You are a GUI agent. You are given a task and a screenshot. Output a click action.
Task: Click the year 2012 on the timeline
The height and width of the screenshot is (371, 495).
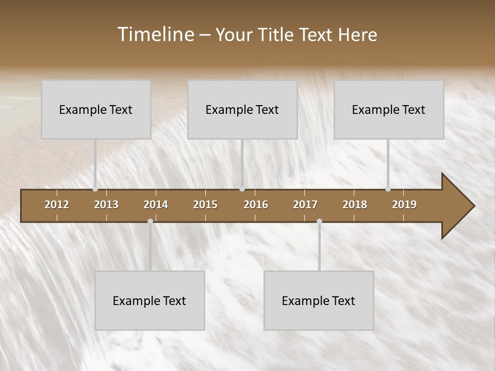57,205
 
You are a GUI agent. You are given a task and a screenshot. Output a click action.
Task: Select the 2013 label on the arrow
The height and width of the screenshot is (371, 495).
106,205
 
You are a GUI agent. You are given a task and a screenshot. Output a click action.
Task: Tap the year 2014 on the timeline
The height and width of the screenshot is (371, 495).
156,205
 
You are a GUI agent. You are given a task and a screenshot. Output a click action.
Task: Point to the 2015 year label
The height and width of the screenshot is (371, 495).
205,205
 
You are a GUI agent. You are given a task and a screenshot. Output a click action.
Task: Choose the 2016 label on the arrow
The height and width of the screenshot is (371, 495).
256,205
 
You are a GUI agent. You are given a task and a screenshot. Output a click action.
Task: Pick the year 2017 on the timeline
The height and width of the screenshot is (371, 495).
305,205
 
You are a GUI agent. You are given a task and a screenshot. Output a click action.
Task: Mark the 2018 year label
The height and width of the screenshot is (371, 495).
355,205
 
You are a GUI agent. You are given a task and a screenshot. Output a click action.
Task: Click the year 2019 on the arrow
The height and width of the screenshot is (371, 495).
404,205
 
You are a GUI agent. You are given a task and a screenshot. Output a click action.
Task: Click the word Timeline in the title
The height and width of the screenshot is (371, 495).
155,35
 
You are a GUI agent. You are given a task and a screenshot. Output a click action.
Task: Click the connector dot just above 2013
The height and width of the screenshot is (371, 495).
95,189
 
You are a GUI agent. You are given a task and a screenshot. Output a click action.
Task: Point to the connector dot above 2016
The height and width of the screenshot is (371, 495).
242,189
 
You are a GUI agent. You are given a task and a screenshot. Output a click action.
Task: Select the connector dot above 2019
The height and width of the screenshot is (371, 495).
388,189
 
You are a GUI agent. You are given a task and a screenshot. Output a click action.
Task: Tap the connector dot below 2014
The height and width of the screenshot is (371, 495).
150,222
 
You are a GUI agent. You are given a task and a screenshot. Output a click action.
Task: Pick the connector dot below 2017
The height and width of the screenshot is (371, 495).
319,222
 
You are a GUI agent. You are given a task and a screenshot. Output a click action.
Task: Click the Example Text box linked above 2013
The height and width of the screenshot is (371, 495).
96,109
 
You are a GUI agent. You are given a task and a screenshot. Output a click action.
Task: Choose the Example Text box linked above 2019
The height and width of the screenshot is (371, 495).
389,109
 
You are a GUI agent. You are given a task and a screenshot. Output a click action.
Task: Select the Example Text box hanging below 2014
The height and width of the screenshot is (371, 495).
150,300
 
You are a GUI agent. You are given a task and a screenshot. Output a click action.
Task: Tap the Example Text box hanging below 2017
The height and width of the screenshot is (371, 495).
319,300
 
